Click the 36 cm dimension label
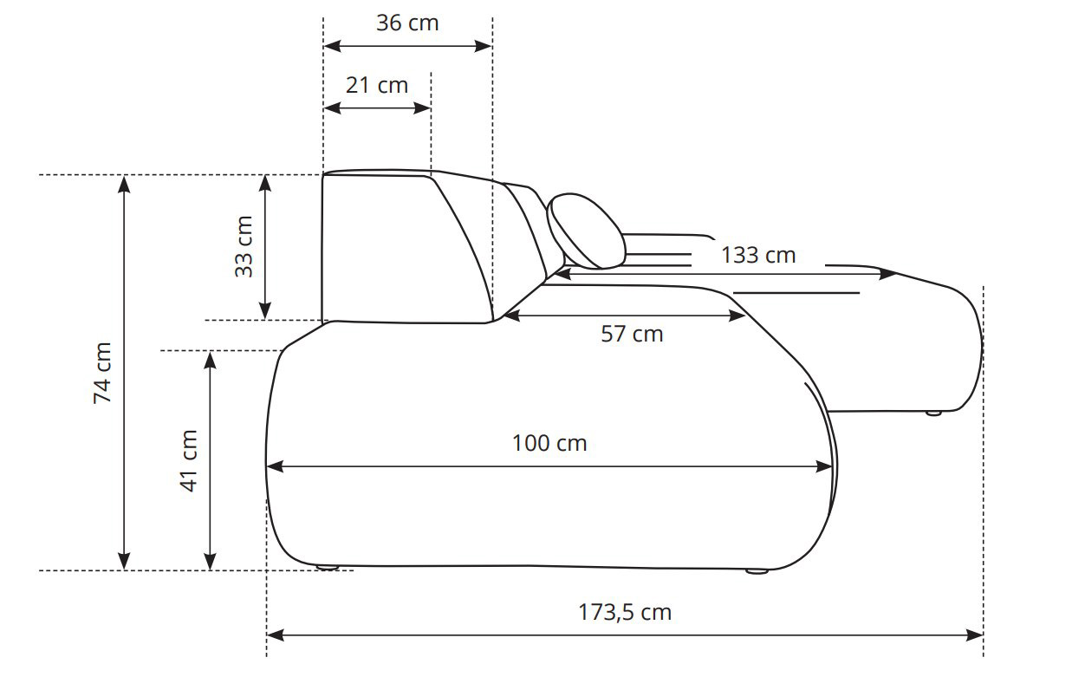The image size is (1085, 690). (407, 23)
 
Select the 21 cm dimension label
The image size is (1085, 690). (377, 85)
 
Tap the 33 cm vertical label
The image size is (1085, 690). (244, 247)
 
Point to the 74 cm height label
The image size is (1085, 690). (102, 373)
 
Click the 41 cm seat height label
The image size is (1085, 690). (188, 461)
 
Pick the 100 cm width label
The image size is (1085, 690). (549, 443)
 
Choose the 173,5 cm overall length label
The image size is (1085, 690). (625, 613)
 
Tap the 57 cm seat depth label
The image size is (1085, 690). (632, 334)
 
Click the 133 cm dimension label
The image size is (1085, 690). (758, 256)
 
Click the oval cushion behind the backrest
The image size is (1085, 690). (586, 231)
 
